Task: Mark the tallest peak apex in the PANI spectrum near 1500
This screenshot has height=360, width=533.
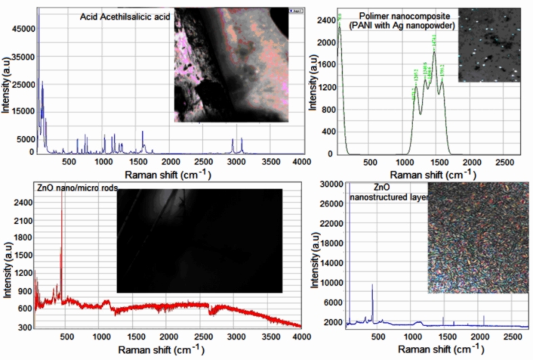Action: coord(434,51)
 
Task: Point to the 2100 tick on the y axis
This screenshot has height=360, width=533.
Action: coord(20,222)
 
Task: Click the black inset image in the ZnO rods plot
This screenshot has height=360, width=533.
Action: coord(200,241)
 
